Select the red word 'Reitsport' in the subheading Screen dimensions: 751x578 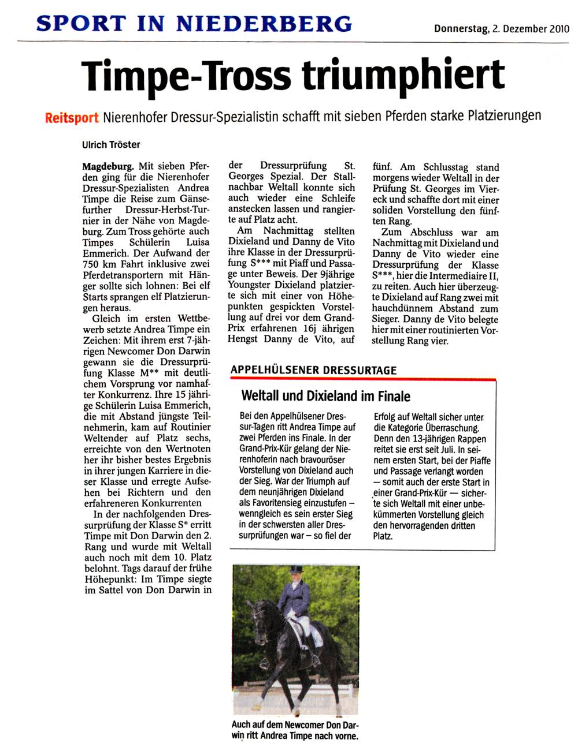coord(72,118)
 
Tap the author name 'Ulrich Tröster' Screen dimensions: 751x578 coord(111,144)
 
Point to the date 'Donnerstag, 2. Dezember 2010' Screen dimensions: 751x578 coord(502,28)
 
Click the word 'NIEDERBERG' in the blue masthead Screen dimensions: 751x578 coord(264,23)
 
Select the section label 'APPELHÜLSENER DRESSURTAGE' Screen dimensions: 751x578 coord(313,370)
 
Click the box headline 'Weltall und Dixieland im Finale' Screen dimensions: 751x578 coord(325,396)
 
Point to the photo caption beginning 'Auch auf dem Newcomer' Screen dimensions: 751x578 coord(295,730)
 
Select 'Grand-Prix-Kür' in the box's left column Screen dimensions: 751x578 coord(269,448)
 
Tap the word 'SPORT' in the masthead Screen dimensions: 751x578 coord(81,23)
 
